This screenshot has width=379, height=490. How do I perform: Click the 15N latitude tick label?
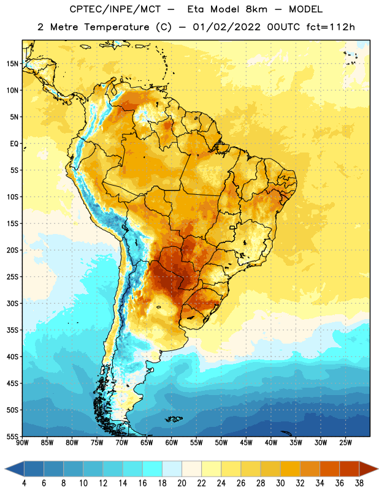point(12,64)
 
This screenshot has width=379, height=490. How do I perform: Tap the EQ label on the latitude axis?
point(14,144)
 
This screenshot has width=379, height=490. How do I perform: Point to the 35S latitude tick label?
point(12,330)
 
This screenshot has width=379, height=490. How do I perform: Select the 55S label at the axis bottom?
point(12,437)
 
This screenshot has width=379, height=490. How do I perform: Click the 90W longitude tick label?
point(22,443)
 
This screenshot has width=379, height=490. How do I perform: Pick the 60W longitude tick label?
point(172,443)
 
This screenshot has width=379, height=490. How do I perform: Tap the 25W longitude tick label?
point(345,443)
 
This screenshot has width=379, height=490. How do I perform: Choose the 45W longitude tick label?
point(246,443)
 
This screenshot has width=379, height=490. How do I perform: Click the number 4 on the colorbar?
point(24,483)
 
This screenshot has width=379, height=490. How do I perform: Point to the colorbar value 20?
point(182,483)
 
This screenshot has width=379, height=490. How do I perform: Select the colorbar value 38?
point(359,483)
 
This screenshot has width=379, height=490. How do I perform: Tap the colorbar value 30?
point(280,483)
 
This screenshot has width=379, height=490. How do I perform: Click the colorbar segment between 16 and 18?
point(152,469)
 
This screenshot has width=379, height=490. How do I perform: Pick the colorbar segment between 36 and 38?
point(350,469)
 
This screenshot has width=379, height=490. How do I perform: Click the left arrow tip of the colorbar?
point(5,469)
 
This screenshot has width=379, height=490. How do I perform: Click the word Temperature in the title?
point(117,27)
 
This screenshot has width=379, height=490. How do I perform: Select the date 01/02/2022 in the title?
point(226,27)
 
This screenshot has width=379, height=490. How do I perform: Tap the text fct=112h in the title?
point(331,27)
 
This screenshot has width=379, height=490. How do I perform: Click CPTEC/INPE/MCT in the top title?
point(115,9)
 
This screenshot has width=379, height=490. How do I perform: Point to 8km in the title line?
point(256,9)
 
